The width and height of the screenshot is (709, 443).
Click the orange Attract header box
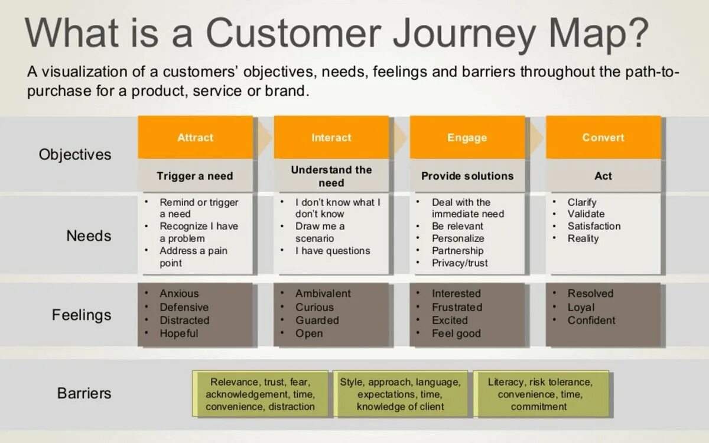(195, 137)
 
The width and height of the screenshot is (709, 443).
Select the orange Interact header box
(331, 137)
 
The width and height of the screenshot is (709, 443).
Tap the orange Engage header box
(467, 137)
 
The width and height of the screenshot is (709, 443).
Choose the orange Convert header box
(603, 137)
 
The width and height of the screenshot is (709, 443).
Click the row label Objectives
(75, 154)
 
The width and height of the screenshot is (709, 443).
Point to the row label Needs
(89, 236)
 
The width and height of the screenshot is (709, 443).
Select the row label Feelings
(82, 315)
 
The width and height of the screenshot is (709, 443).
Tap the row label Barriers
(84, 393)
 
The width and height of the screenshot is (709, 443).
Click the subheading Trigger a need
(195, 176)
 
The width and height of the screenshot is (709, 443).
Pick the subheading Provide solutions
(467, 176)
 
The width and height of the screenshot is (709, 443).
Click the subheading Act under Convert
(603, 176)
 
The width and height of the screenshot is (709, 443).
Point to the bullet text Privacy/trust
(460, 263)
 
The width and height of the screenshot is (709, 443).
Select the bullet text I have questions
(333, 251)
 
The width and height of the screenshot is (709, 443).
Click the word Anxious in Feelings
(179, 293)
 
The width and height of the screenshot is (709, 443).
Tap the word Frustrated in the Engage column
(457, 307)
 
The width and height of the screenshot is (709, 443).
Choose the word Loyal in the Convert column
(581, 307)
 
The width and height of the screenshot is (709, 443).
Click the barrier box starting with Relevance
(260, 394)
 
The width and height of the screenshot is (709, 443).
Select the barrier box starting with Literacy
(539, 394)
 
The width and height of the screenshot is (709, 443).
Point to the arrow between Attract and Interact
(264, 137)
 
